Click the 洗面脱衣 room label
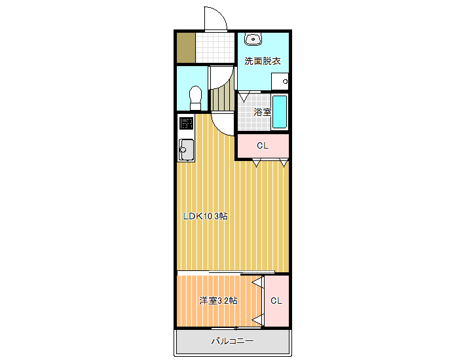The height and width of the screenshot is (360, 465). coord(263,61)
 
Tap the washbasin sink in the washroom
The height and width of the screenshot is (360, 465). coord(253,39)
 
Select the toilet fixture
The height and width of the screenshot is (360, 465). coord(195,98)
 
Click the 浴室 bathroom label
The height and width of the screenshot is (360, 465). coord(262,112)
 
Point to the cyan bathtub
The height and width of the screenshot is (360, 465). coord(280,112)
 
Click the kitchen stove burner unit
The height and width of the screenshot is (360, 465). coord(187,123)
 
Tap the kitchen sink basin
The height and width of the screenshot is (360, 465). coord(186,150)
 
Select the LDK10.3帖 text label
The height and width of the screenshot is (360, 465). coord(205,216)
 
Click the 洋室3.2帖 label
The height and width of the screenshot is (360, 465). coord(218,300)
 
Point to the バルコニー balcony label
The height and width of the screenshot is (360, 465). coord(232,341)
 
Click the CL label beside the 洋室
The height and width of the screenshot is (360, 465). coord(276,300)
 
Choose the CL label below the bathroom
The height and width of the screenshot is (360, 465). coord(263,145)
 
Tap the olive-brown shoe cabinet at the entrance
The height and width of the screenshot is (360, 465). coord(186,48)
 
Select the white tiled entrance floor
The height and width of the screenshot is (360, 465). coord(215,48)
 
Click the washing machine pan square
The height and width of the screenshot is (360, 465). coord(280,81)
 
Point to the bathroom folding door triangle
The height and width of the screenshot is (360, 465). coord(244,98)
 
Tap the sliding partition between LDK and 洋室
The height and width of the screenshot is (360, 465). coord(226,272)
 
